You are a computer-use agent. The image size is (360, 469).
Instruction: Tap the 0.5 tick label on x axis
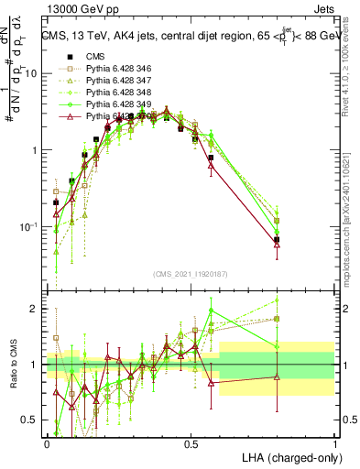191,443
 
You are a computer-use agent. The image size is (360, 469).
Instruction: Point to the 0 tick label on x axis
47,443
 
